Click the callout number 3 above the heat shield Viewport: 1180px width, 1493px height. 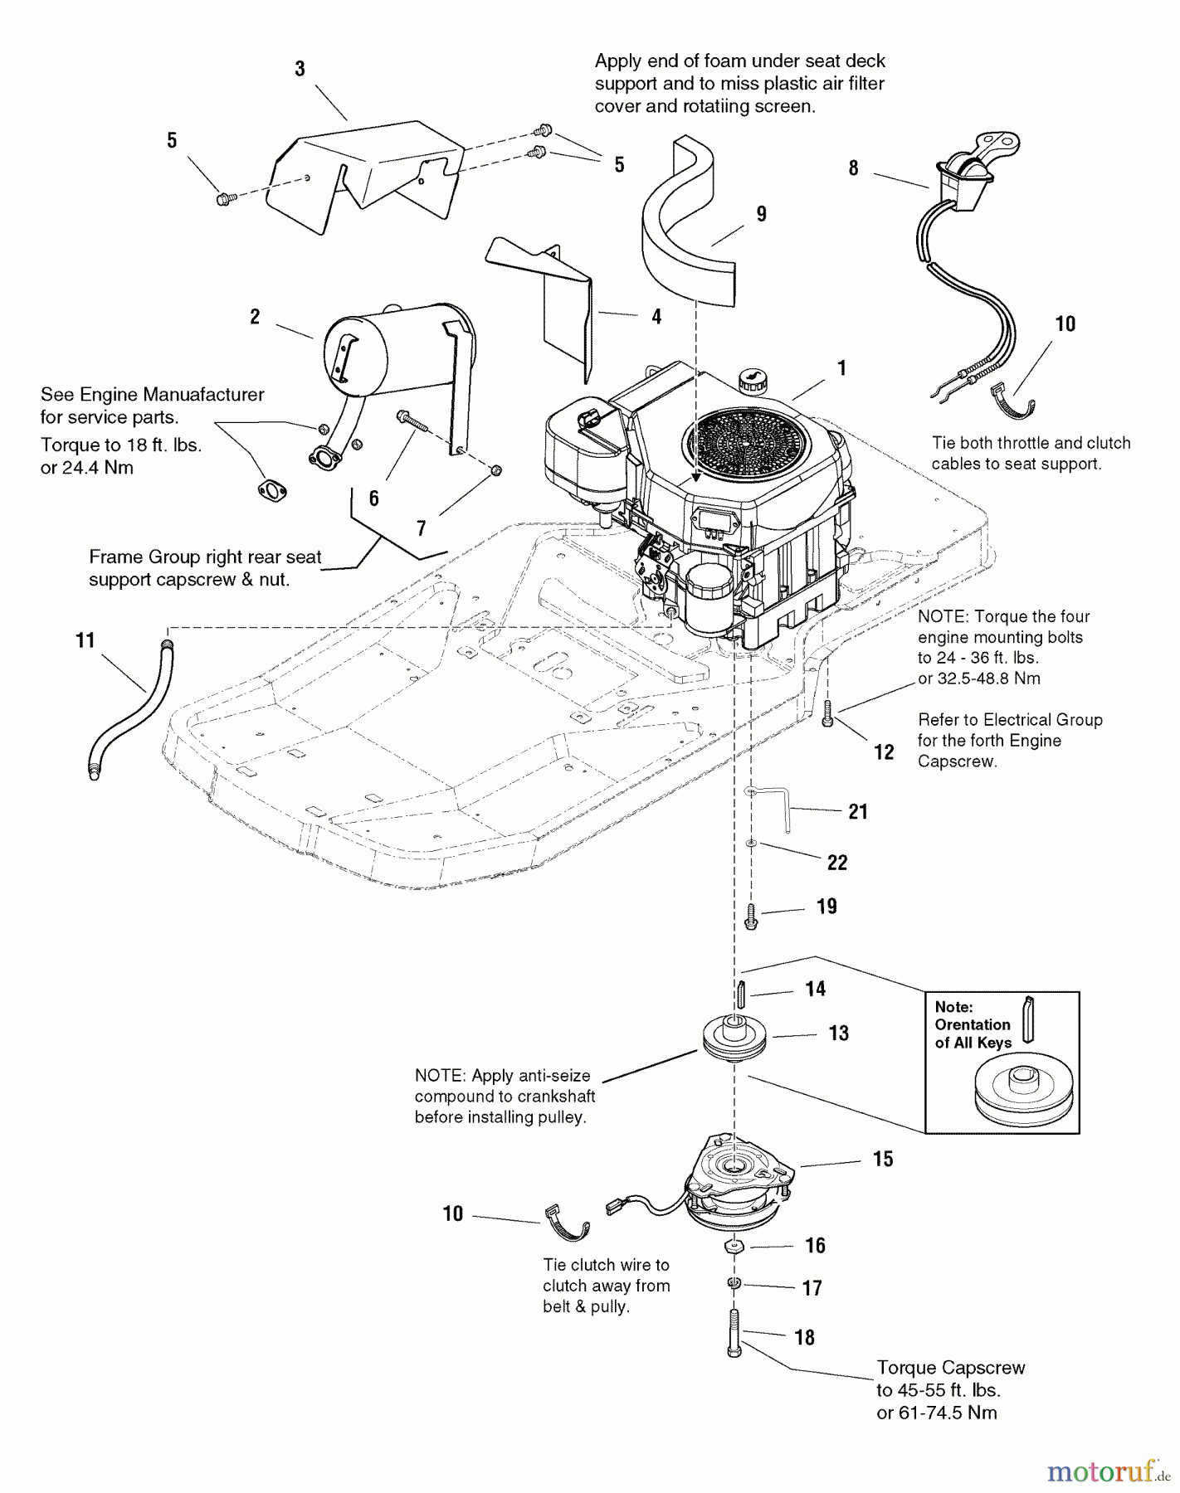(x=300, y=69)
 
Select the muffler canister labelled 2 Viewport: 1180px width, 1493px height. (x=390, y=348)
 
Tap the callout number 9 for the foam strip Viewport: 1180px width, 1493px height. (x=761, y=214)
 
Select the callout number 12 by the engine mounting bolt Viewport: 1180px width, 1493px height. (x=884, y=751)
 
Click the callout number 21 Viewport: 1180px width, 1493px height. (x=858, y=811)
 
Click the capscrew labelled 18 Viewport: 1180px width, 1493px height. (x=734, y=1335)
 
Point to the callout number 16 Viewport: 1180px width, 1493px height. (x=815, y=1245)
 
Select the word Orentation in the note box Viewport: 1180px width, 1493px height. (x=972, y=1025)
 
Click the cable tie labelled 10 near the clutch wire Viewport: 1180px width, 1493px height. (x=567, y=1224)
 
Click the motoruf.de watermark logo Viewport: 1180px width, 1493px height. (x=1108, y=1472)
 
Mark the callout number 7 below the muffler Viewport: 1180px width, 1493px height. (x=421, y=528)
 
